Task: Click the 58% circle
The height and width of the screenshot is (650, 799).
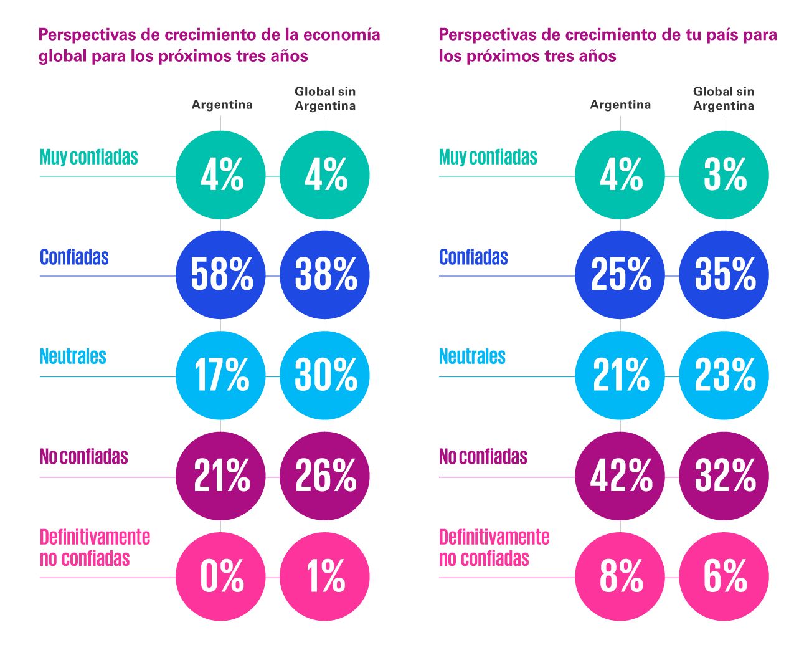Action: (220, 275)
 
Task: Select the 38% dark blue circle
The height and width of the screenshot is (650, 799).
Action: (324, 275)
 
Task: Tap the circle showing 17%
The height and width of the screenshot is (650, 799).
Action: (220, 376)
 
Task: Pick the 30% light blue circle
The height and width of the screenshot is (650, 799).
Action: (324, 376)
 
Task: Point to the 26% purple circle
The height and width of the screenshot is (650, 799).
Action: (324, 476)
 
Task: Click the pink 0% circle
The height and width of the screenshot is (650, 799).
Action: (220, 576)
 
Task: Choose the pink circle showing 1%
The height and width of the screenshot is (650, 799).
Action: (324, 576)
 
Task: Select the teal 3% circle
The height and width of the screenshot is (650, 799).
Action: (724, 174)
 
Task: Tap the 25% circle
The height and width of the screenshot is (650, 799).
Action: (620, 275)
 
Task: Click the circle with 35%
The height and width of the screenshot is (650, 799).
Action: (724, 275)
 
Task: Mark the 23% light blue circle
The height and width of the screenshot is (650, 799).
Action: (724, 376)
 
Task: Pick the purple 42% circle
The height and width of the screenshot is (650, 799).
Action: (620, 476)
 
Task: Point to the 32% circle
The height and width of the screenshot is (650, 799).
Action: (724, 476)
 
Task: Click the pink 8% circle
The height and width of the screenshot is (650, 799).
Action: (620, 576)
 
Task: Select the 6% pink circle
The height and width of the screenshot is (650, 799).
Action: (724, 576)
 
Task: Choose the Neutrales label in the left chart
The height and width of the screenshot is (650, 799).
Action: (73, 356)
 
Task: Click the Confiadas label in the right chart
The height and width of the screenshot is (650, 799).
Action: (473, 257)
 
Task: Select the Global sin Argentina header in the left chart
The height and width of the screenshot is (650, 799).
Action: (324, 98)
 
